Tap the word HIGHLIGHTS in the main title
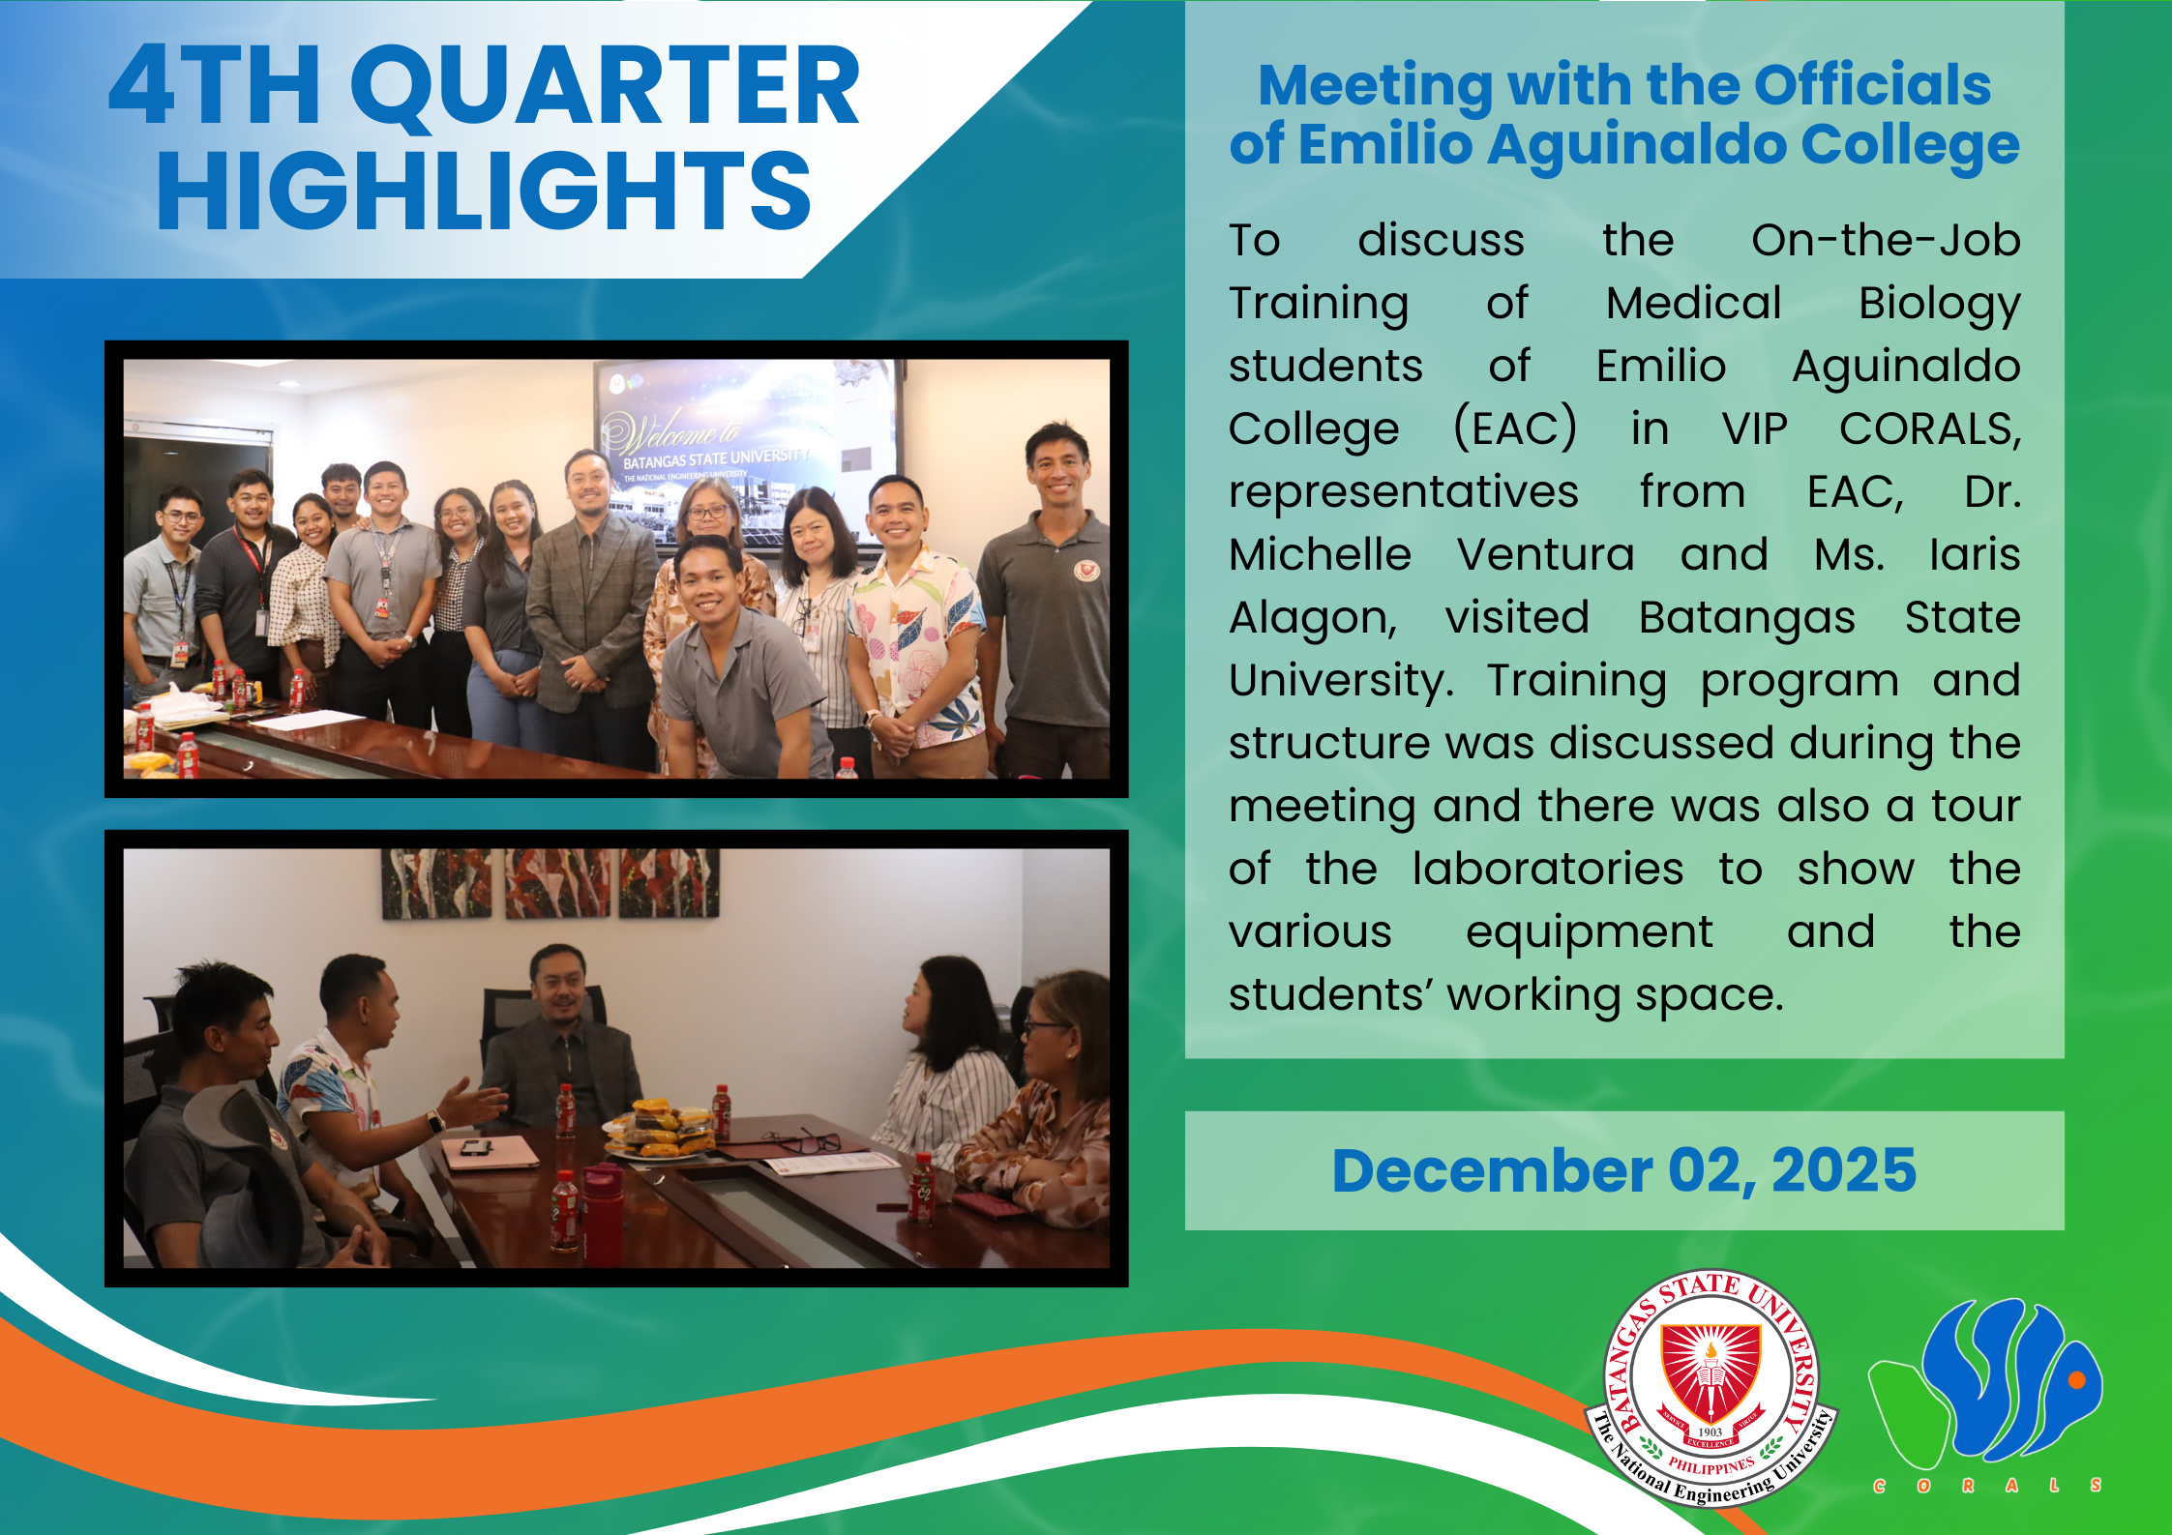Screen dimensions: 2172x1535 pyautogui.click(x=484, y=191)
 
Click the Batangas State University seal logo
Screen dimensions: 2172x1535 pyautogui.click(x=1711, y=1389)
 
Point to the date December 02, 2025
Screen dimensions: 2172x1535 pyautogui.click(x=1624, y=1170)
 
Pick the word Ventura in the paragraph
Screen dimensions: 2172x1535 pyautogui.click(x=1545, y=555)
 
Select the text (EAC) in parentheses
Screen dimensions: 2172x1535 pyautogui.click(x=1515, y=428)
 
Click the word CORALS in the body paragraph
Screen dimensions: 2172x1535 pyautogui.click(x=1930, y=429)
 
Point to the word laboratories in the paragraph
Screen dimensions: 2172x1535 pyautogui.click(x=1547, y=869)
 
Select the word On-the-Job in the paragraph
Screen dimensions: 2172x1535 pyautogui.click(x=1886, y=240)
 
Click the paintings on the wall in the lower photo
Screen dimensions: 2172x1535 pyautogui.click(x=550, y=883)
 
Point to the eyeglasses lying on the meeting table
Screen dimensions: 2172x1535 pyautogui.click(x=801, y=1141)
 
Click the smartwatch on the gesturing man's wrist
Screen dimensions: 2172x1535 pyautogui.click(x=434, y=1123)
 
